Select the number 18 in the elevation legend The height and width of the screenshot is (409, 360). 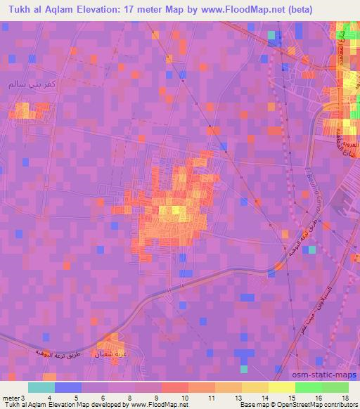[x=346, y=396]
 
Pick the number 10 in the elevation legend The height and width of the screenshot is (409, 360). [x=184, y=396]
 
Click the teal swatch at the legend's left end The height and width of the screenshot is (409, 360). [x=41, y=387]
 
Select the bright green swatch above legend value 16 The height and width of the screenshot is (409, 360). [x=307, y=387]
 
